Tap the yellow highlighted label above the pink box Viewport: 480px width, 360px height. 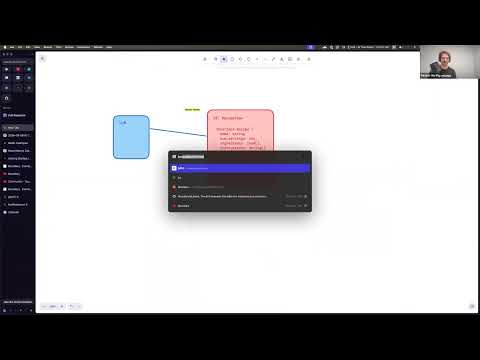coord(192,109)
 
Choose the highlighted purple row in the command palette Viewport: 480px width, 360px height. coord(239,168)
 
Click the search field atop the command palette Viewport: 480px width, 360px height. coord(239,156)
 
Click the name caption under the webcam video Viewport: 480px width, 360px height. coord(438,74)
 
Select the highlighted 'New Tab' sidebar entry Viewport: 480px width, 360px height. coord(17,127)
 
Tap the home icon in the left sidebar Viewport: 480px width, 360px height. coord(7,98)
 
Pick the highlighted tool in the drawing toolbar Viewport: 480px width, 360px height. coord(223,59)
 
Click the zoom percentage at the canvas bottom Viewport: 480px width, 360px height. coord(53,305)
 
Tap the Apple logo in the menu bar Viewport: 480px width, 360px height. coord(5,47)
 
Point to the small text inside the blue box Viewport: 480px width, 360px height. coord(123,122)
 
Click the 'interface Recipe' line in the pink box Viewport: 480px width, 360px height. coord(237,129)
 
